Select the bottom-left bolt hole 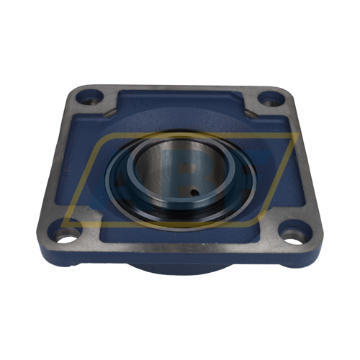[x=66, y=235]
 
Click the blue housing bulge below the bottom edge [x=180, y=268]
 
